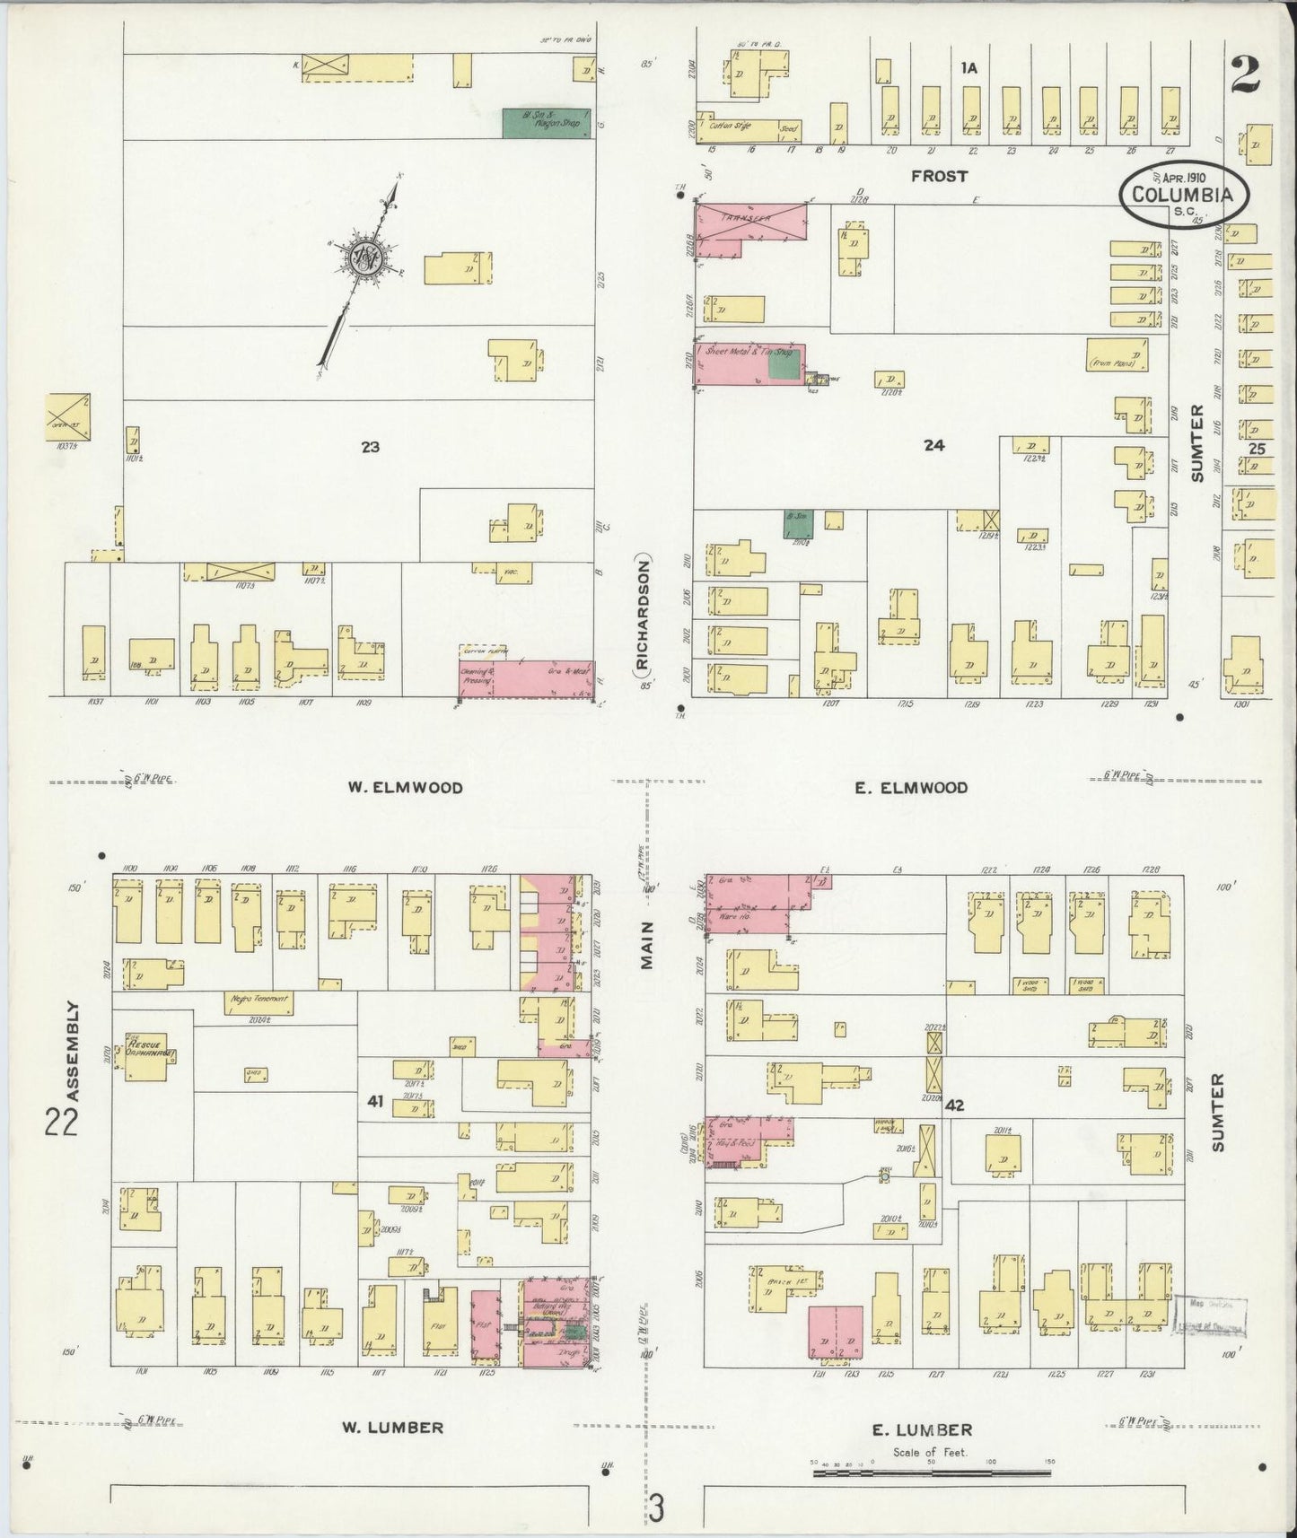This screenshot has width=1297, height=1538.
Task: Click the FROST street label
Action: coord(939,176)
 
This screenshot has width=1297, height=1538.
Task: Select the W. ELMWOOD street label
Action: coord(406,788)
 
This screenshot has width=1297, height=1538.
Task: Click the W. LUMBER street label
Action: coord(392,1427)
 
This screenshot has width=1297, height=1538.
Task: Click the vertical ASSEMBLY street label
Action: coord(74,1052)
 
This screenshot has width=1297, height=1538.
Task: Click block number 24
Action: coord(934,444)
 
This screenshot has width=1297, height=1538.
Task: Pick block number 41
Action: coord(374,1101)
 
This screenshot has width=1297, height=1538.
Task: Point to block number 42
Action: coord(953,1105)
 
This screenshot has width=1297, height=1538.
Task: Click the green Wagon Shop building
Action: coord(546,123)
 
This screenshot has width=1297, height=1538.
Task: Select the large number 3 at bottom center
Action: coord(657,1507)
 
